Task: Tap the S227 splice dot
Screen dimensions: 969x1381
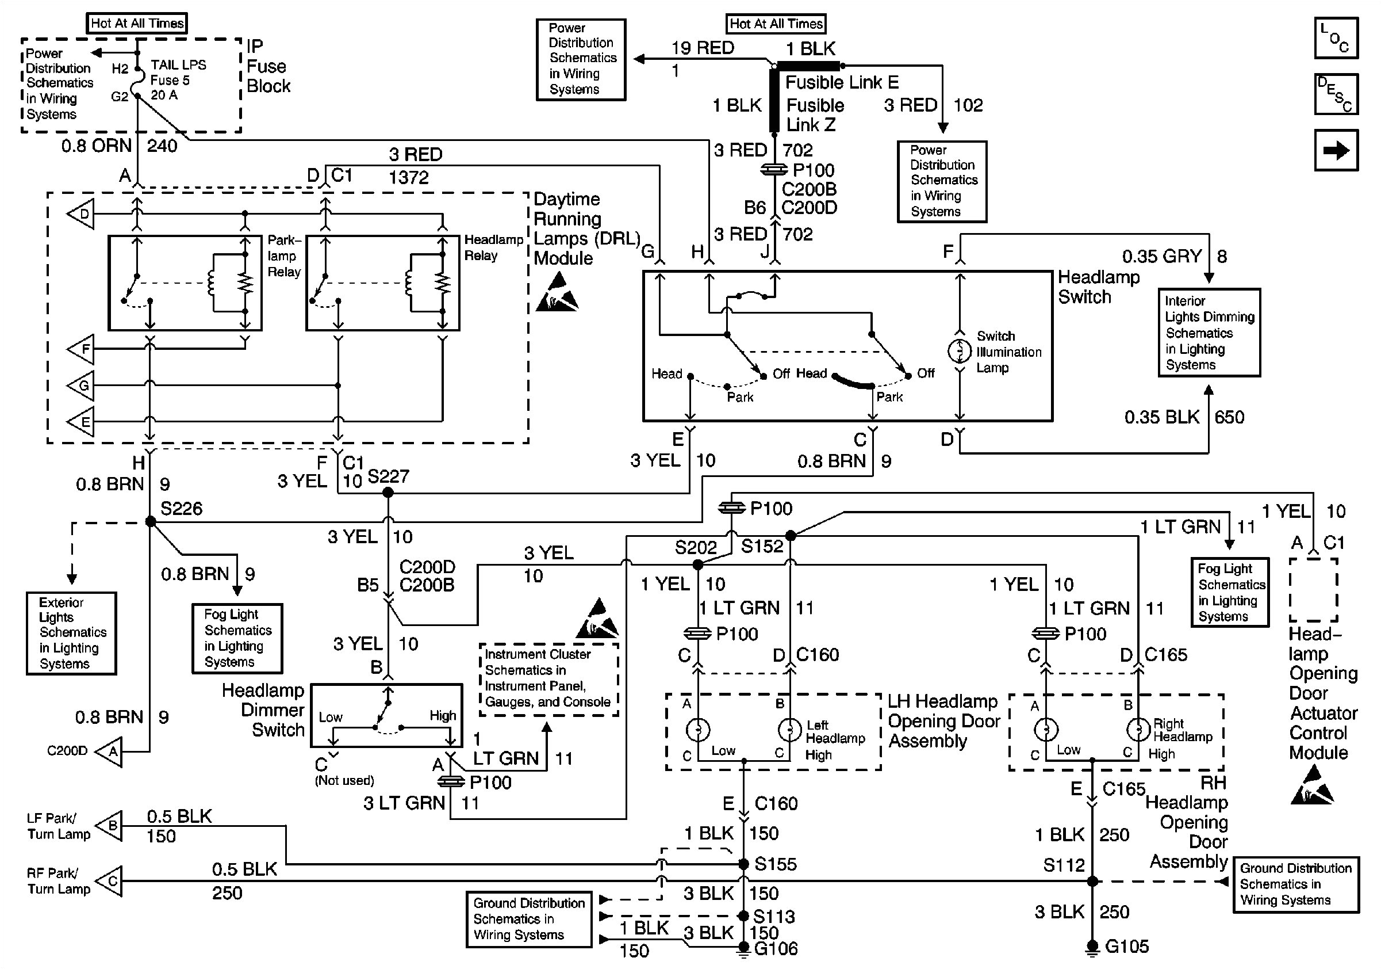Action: click(388, 493)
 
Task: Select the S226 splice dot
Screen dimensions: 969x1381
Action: click(151, 522)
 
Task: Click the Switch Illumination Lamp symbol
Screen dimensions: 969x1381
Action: click(960, 351)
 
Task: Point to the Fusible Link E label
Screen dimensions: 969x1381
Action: click(842, 82)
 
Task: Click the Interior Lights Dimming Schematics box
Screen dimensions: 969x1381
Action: click(1209, 333)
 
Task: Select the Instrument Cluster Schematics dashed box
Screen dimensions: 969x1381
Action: click(548, 679)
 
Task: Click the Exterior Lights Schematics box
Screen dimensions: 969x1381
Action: click(71, 633)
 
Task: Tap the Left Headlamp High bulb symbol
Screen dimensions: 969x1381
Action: click(789, 730)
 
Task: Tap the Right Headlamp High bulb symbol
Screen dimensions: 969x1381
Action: click(1137, 730)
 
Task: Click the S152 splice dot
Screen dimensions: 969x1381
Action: click(791, 536)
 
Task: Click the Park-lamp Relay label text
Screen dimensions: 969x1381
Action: click(284, 256)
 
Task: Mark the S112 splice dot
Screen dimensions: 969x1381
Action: click(1092, 881)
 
